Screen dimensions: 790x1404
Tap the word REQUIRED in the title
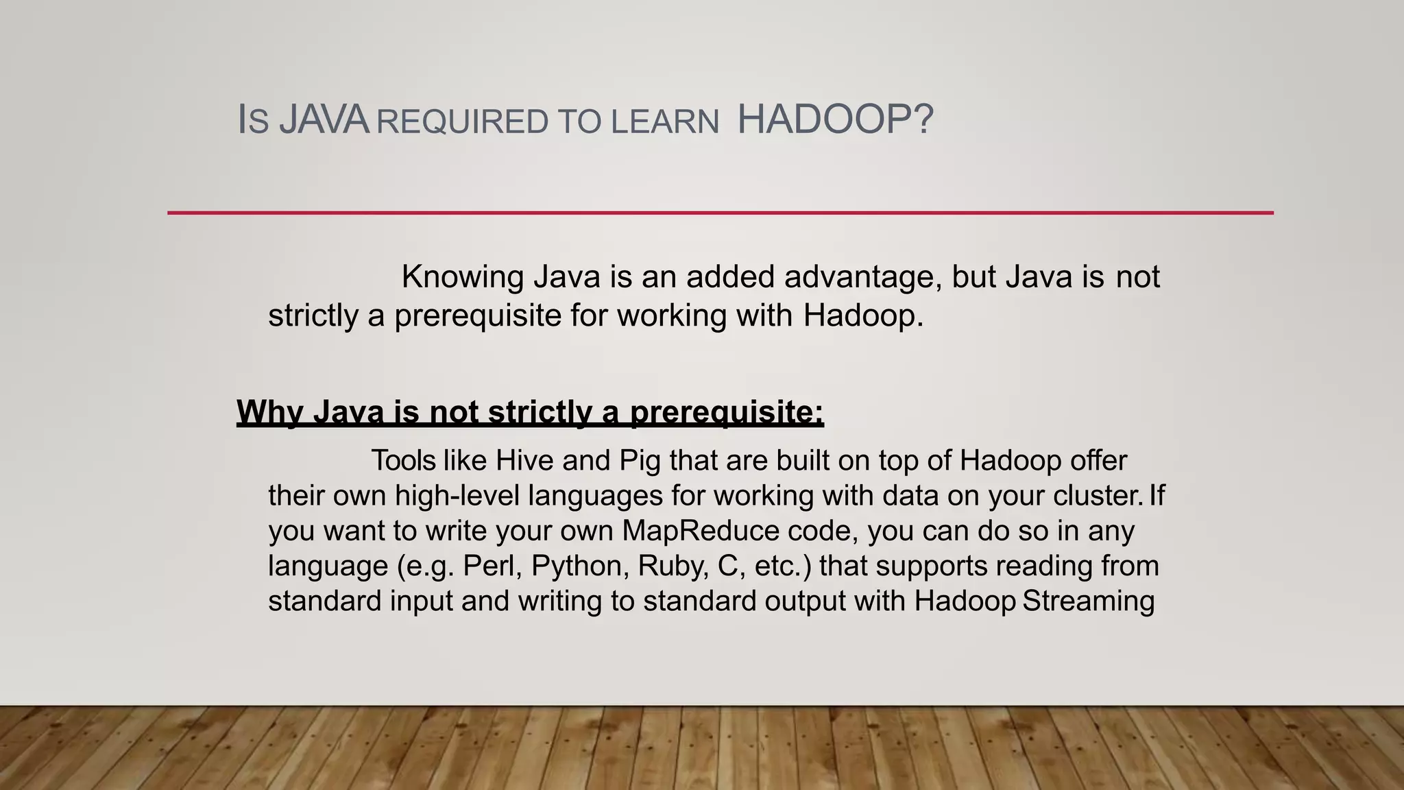pos(463,122)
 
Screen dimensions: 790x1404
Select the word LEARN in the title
pos(665,122)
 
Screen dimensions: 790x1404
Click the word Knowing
pos(463,277)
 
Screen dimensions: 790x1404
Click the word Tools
pos(404,460)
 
